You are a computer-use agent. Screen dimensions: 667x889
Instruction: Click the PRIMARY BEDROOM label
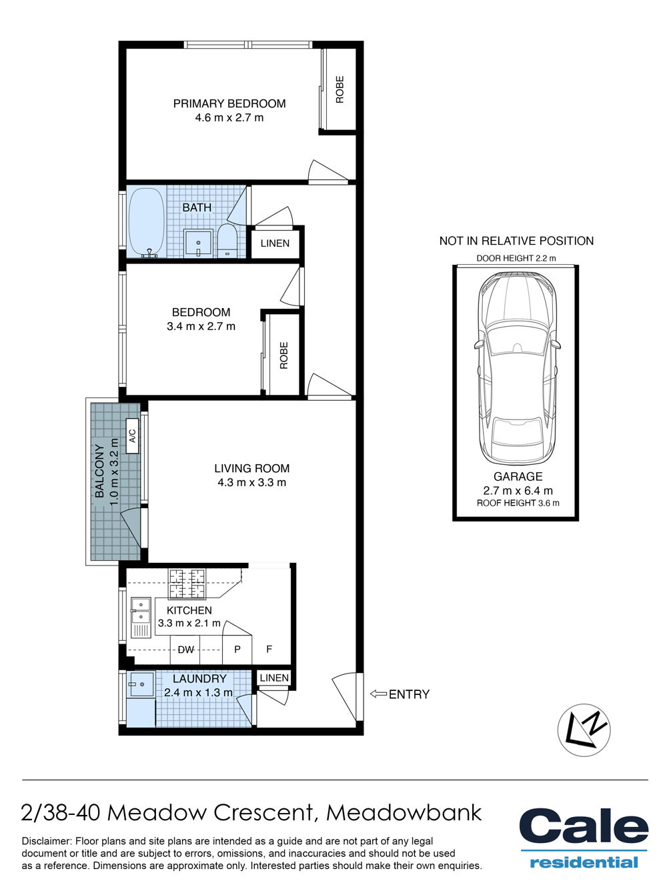tap(229, 103)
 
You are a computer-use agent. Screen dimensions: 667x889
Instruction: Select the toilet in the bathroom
tap(227, 241)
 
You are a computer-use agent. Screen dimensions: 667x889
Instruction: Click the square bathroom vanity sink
tap(198, 243)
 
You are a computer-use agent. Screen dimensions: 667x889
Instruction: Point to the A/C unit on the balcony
tap(133, 435)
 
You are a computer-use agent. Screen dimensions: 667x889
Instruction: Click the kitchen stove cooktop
tap(187, 584)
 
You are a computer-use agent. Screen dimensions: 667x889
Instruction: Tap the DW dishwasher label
tap(186, 650)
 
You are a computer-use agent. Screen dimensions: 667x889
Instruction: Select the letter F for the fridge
tap(269, 649)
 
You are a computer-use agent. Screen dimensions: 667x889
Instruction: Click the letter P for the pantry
tap(237, 649)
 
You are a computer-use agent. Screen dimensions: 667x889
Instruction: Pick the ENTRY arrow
tap(378, 694)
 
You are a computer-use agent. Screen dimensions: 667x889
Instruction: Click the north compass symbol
tap(584, 730)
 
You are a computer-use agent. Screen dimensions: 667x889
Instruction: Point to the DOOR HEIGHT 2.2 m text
tap(516, 258)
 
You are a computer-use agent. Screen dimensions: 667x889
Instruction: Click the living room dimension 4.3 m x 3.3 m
tap(252, 483)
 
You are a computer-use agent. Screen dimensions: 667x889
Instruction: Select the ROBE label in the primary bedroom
tap(340, 89)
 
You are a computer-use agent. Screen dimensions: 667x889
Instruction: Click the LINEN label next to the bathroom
tap(275, 243)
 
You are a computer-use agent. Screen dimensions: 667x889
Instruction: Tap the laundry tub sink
tap(141, 684)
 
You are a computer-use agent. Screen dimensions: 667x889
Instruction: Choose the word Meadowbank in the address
tap(404, 812)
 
